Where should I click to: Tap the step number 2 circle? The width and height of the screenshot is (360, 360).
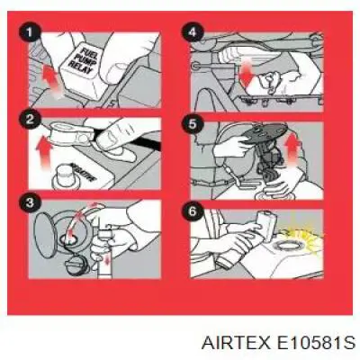(x=30, y=120)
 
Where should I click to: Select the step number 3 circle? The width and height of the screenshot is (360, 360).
(x=30, y=204)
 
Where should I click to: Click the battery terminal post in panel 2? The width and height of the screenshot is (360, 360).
(x=66, y=176)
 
